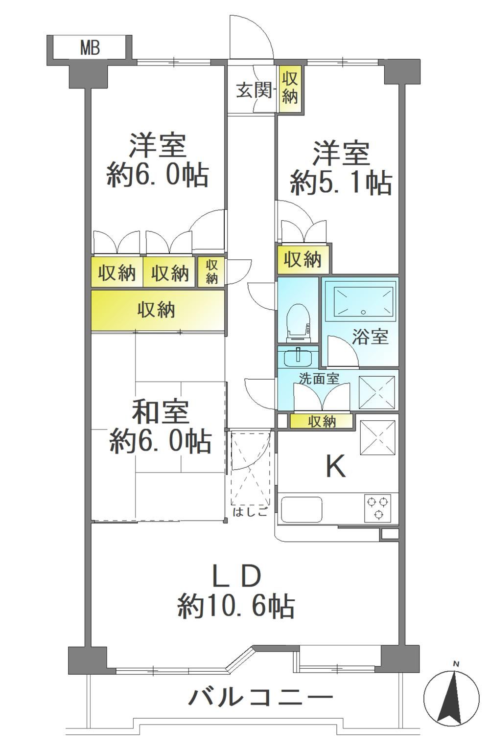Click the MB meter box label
point(90,48)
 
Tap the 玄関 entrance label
point(254,90)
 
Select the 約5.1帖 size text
point(341,183)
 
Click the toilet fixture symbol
point(298,322)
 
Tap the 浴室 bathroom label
point(370,336)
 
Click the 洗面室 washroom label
point(319,378)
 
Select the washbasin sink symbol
point(298,358)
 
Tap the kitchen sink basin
point(302,509)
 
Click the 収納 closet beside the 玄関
point(290,88)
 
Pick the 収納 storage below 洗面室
point(322,421)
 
